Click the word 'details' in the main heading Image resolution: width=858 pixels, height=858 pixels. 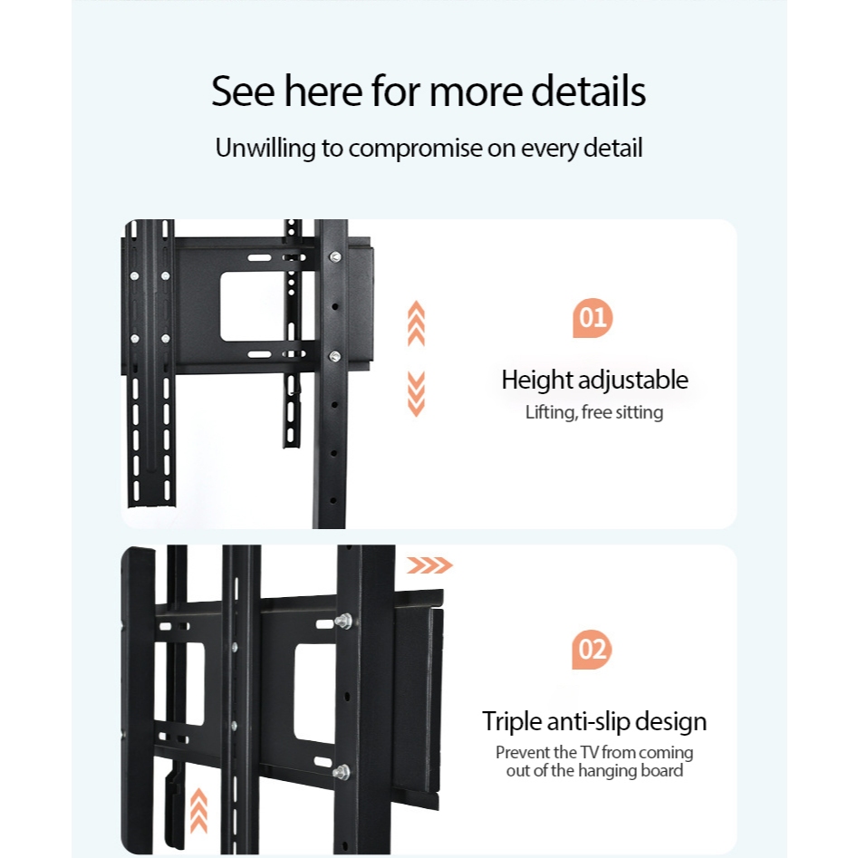(x=588, y=92)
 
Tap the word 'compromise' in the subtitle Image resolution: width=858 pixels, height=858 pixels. (x=415, y=149)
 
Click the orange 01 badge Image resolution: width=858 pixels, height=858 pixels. (x=593, y=318)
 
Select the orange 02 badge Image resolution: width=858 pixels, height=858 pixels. (x=593, y=650)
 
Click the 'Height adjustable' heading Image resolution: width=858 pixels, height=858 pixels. (x=594, y=380)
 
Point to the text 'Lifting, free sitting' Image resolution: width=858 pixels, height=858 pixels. (x=594, y=413)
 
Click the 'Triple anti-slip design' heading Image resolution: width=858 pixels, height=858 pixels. (x=594, y=722)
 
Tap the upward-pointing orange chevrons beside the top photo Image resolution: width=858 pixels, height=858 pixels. (x=416, y=323)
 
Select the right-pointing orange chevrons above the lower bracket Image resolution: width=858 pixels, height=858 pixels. (x=429, y=566)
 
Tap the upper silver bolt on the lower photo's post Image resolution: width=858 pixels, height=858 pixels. (x=343, y=622)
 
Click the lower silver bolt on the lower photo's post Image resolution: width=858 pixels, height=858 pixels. (x=342, y=772)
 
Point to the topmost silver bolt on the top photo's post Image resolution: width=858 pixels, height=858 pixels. (x=335, y=258)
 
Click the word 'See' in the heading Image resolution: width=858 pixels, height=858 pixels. (x=242, y=92)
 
